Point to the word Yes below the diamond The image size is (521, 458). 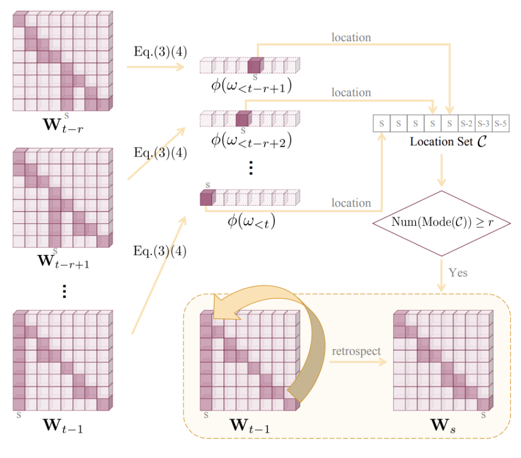pos(457,273)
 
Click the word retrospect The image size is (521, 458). pos(356,352)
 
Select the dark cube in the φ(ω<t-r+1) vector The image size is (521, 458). pos(255,66)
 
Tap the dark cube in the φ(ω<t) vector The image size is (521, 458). pos(206,198)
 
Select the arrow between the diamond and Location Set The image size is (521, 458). pos(442,170)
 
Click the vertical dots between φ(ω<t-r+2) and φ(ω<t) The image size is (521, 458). pos(251,168)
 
